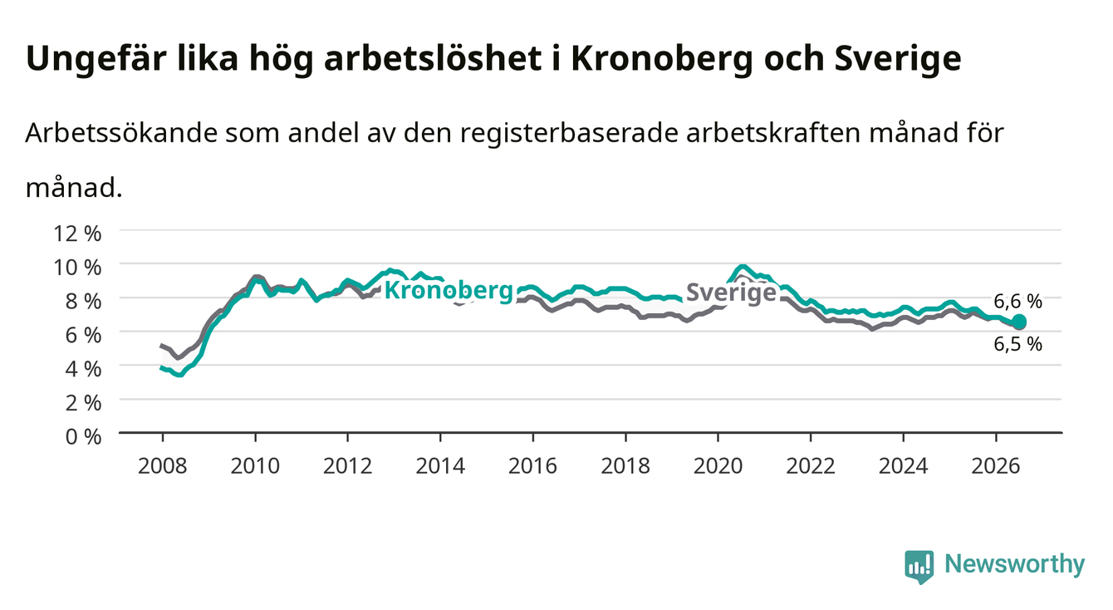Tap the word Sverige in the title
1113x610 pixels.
pos(898,59)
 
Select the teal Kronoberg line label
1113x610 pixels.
pos(449,291)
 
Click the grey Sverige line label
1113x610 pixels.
pos(731,293)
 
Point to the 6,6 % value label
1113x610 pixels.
pos(1017,301)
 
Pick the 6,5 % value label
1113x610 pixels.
pos(1017,344)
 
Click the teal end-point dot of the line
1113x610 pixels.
pos(1018,322)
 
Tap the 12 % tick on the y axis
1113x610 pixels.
pos(77,234)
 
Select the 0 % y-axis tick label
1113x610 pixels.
pos(83,436)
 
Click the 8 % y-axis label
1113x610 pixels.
pos(83,302)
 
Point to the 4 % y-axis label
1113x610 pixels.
pos(83,369)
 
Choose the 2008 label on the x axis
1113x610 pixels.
pos(163,466)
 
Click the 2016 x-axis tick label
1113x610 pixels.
pos(532,466)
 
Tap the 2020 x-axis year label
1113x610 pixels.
pos(718,466)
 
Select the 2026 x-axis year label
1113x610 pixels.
pos(996,466)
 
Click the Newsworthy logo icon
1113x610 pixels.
pos(919,567)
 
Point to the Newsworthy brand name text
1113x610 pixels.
pos(1015,564)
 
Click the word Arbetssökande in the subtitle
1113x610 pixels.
pos(121,133)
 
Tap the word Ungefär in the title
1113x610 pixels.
pos(95,59)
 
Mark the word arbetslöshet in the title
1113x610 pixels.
pos(432,59)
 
